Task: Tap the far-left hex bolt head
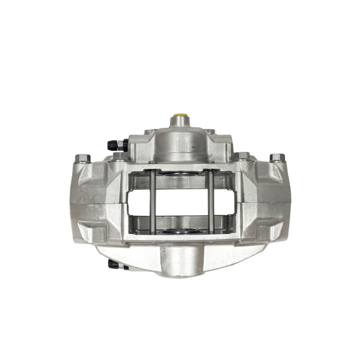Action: (82, 158)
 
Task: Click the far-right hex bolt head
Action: (277, 158)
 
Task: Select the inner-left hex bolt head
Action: (121, 156)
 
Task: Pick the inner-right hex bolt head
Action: (243, 156)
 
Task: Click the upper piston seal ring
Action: (181, 174)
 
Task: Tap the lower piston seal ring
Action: (181, 231)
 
